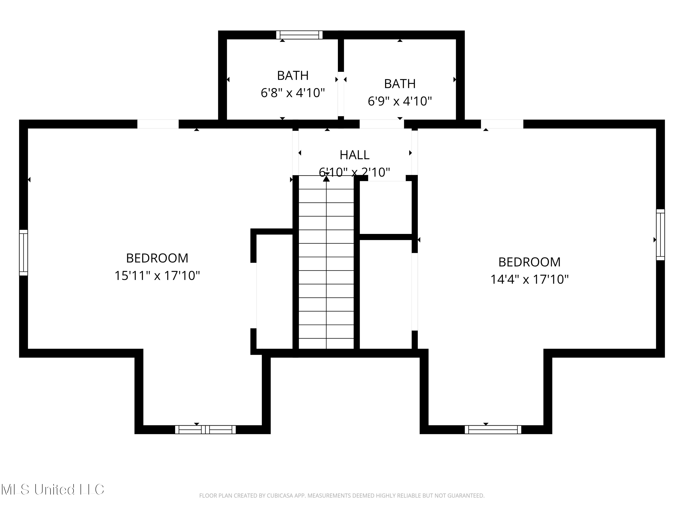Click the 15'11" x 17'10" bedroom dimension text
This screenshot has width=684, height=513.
[157, 275]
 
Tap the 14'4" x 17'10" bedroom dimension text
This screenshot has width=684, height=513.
[529, 280]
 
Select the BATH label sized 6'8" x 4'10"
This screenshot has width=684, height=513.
[293, 75]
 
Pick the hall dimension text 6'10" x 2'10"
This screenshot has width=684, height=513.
[354, 172]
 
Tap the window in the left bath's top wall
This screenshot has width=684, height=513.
[299, 35]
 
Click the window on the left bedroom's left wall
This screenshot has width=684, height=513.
[23, 253]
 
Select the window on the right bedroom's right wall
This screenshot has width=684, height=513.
[660, 235]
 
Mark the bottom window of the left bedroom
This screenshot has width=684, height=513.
[205, 430]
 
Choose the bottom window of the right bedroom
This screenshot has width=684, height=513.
[493, 430]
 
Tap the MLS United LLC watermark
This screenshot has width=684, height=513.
[53, 490]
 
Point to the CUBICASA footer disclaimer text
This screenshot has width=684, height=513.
[342, 504]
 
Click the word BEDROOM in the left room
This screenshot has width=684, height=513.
[157, 258]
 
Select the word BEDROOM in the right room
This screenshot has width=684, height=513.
[529, 262]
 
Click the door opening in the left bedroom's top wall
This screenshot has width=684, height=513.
[158, 124]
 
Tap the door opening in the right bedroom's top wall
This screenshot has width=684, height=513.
[502, 124]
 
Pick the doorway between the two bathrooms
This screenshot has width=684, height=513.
[341, 94]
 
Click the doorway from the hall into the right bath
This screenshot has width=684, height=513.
[382, 124]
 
